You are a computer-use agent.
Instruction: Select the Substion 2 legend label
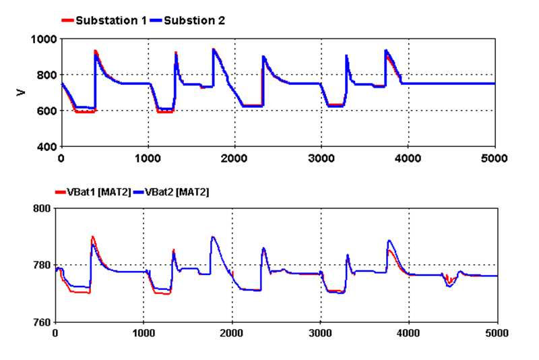pyautogui.click(x=191, y=20)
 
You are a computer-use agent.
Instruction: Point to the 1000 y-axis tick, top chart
pyautogui.click(x=44, y=39)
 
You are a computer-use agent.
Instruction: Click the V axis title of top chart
pyautogui.click(x=22, y=92)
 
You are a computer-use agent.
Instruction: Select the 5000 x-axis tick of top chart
pyautogui.click(x=495, y=159)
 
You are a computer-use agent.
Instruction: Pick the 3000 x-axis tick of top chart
pyautogui.click(x=321, y=159)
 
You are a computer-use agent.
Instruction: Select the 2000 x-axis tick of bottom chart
pyautogui.click(x=232, y=333)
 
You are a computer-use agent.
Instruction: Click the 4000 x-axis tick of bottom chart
pyautogui.click(x=409, y=333)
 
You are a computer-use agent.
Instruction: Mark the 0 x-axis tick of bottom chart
pyautogui.click(x=55, y=333)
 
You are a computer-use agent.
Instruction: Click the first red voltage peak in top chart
pyautogui.click(x=95, y=51)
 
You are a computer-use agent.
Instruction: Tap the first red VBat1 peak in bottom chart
pyautogui.click(x=92, y=237)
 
